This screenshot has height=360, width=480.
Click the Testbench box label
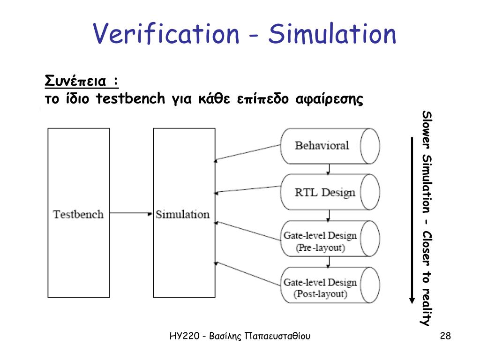click(x=78, y=214)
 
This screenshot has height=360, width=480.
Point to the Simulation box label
click(x=182, y=214)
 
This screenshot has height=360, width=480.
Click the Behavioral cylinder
click(x=328, y=145)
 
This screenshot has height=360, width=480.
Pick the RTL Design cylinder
click(x=328, y=192)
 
